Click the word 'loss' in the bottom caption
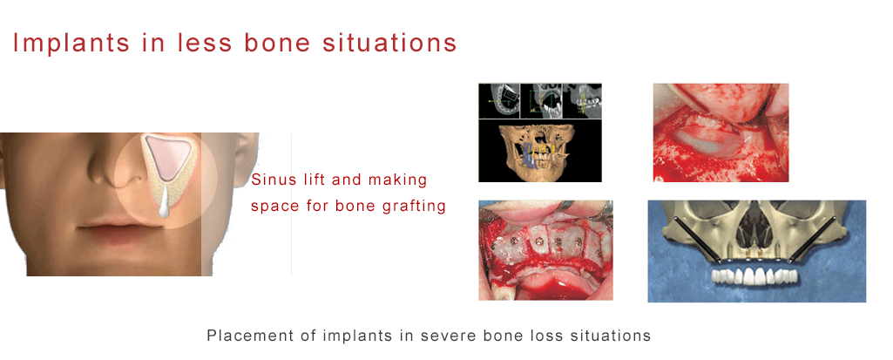pyautogui.click(x=533, y=335)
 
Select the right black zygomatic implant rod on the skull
pyautogui.click(x=815, y=236)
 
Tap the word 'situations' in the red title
pyautogui.click(x=386, y=43)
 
